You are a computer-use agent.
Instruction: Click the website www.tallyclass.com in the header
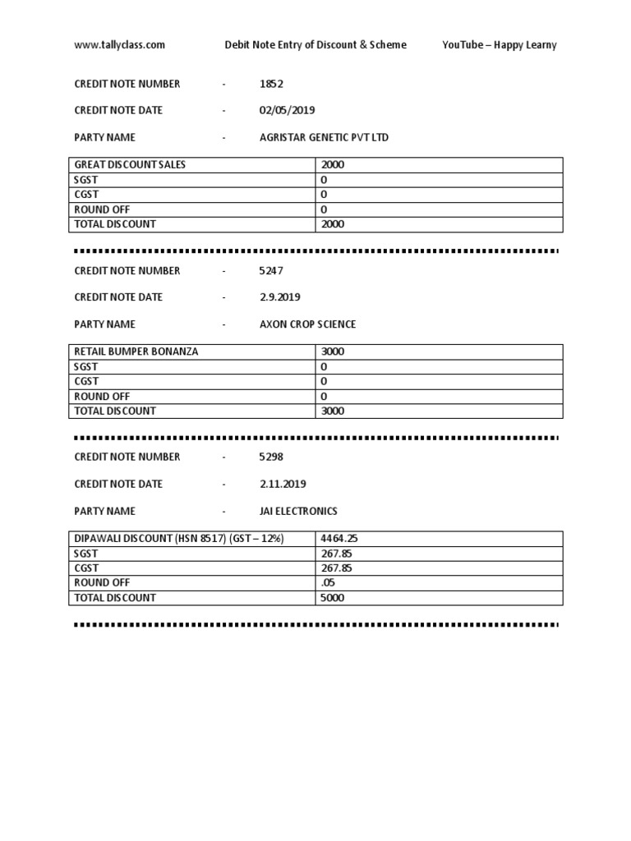(119, 45)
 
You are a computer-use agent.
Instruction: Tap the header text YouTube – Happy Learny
(499, 45)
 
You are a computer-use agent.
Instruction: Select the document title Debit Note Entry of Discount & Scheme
(315, 45)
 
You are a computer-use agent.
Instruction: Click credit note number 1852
(271, 84)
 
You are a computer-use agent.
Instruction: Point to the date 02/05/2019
(287, 110)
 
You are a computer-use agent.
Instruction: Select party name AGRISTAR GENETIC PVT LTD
(324, 137)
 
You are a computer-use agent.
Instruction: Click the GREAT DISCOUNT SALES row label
(130, 165)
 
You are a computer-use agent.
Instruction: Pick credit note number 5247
(271, 270)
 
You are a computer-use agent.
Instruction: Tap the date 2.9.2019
(281, 297)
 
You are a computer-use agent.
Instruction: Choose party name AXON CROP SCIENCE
(307, 324)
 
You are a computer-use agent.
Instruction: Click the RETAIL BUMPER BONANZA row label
(136, 352)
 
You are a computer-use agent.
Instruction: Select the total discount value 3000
(333, 411)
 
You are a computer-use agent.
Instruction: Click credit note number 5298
(271, 457)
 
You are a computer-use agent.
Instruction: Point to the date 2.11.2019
(283, 484)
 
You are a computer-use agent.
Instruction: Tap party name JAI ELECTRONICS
(298, 511)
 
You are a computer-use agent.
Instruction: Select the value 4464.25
(339, 539)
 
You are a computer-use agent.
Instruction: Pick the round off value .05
(328, 583)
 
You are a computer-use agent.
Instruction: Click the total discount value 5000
(333, 598)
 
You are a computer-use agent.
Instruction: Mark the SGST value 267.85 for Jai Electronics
(337, 554)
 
